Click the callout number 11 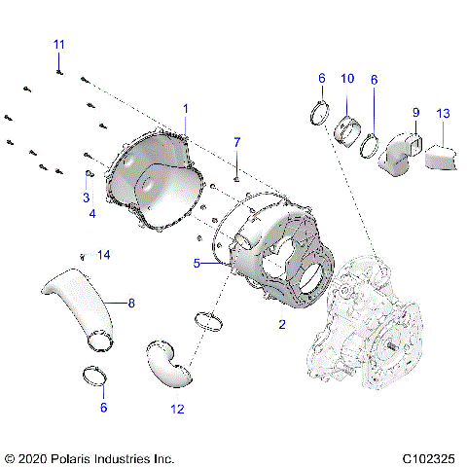click(59, 45)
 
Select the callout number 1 click(186, 108)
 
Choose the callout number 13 click(444, 114)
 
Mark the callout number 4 click(91, 213)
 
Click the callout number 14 click(104, 255)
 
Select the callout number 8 click(130, 304)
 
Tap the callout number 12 click(177, 410)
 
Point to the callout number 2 click(282, 325)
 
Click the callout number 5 click(196, 263)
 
